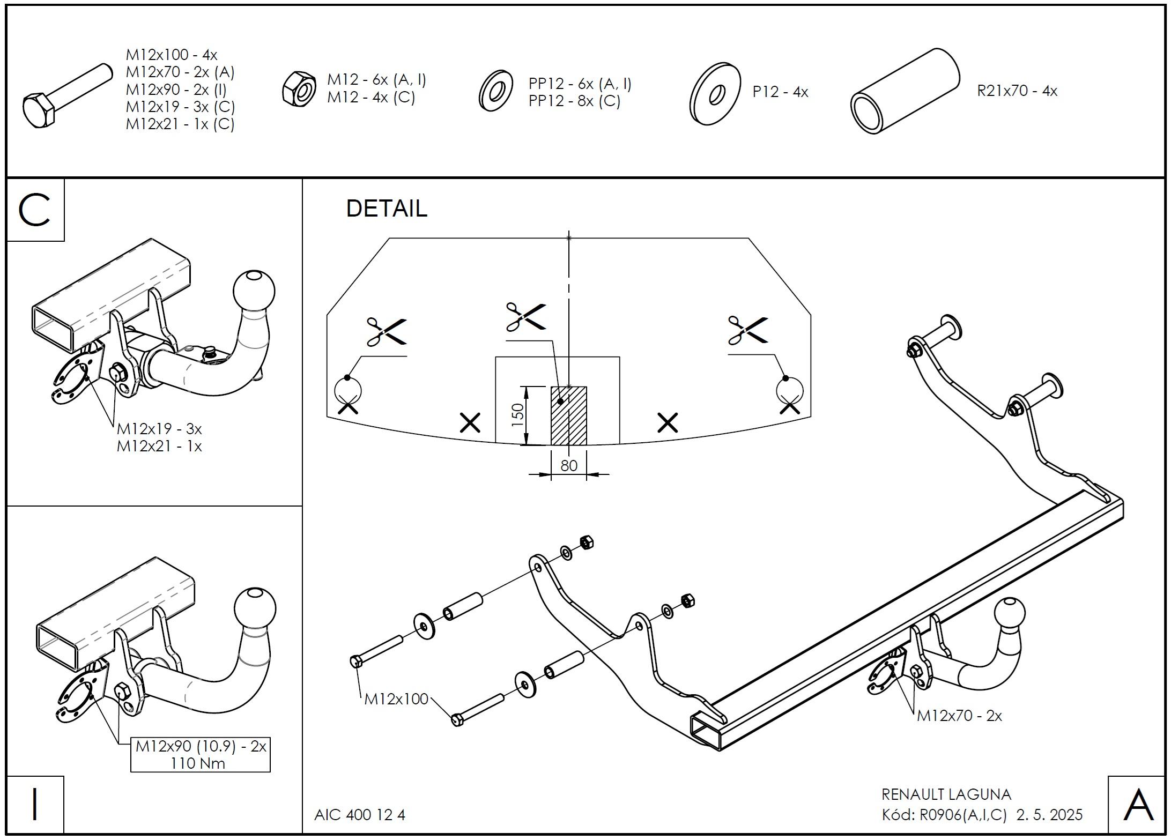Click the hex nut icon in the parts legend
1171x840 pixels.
coord(299,88)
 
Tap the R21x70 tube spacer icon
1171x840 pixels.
coord(905,91)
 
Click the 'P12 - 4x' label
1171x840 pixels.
coord(780,92)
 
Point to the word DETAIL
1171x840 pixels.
coord(387,209)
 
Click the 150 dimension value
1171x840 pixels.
coord(517,415)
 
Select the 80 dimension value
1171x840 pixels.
coord(569,465)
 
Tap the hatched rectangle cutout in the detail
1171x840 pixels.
coord(569,415)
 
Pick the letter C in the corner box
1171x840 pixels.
coord(34,211)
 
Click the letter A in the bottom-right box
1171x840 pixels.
coord(1138,805)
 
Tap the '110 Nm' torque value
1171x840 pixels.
coord(198,763)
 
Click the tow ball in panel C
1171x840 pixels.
coord(254,291)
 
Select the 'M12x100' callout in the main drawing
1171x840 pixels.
coord(396,699)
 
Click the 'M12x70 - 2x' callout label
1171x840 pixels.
coord(959,716)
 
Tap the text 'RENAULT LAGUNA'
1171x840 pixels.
coord(946,794)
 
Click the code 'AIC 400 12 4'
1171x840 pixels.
coord(360,815)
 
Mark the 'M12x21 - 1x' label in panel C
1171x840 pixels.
coord(159,446)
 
